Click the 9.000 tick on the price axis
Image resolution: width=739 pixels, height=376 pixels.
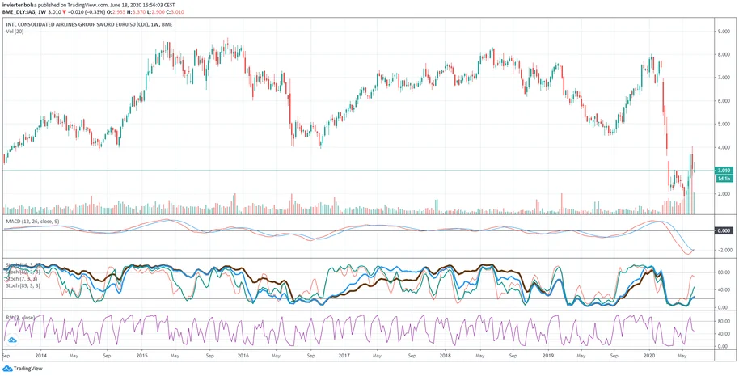[x=724, y=31]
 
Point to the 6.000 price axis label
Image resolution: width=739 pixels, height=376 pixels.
[x=724, y=101]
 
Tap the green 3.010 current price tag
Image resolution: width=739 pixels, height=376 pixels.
[x=724, y=171]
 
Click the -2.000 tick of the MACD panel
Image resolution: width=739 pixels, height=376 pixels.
[x=724, y=250]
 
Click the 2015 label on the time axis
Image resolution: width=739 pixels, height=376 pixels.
[x=141, y=355]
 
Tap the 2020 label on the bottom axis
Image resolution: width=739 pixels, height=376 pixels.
[x=648, y=355]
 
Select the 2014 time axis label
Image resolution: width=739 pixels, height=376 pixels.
[x=40, y=355]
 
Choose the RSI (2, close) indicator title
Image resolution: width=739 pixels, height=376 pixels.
[x=22, y=318]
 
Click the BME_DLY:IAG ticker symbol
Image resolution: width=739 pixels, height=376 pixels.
[x=19, y=13]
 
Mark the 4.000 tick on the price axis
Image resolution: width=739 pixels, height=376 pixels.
[x=724, y=148]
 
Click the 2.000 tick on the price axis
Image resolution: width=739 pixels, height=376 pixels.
[x=724, y=194]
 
